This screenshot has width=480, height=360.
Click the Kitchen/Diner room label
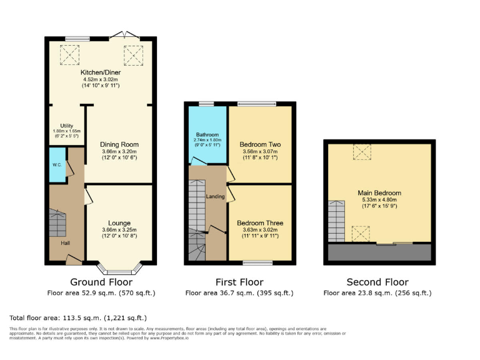(101, 73)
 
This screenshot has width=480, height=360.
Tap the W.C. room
(56, 166)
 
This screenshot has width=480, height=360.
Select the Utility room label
(66, 126)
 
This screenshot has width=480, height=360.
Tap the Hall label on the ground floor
(65, 243)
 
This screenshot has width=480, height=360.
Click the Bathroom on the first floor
(206, 135)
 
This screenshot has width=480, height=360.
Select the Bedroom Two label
(260, 144)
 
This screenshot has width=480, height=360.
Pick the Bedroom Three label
(260, 223)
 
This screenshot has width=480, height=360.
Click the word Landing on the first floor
(215, 197)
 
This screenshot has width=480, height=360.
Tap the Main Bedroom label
(379, 193)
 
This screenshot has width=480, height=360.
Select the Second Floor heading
(378, 282)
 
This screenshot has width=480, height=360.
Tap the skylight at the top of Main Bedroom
(361, 152)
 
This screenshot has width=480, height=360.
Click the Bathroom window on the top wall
(206, 103)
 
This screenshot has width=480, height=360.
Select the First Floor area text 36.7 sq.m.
(239, 292)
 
